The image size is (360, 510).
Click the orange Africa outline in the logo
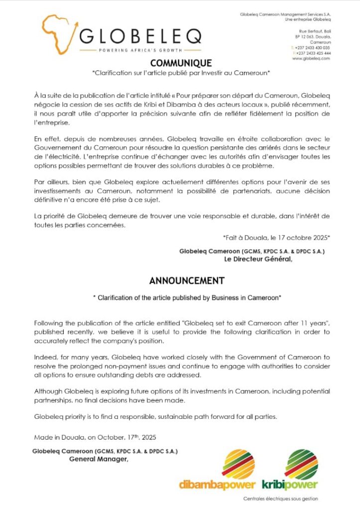pyautogui.click(x=57, y=33)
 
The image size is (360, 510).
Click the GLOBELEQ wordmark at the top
pyautogui.click(x=141, y=36)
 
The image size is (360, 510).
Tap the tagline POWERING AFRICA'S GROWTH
pyautogui.click(x=140, y=51)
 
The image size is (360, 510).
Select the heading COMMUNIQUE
pyautogui.click(x=181, y=63)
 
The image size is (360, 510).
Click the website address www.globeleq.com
pyautogui.click(x=311, y=59)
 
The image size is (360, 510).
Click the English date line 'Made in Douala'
pyautogui.click(x=95, y=438)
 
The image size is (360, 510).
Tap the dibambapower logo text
pyautogui.click(x=218, y=485)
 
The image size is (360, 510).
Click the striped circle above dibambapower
pyautogui.click(x=238, y=464)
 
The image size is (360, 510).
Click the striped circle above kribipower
pyautogui.click(x=301, y=464)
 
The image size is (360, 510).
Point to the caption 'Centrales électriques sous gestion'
pyautogui.click(x=281, y=499)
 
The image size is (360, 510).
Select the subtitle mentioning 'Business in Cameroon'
pyautogui.click(x=187, y=298)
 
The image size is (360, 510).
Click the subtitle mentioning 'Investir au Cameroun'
pyautogui.click(x=181, y=73)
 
